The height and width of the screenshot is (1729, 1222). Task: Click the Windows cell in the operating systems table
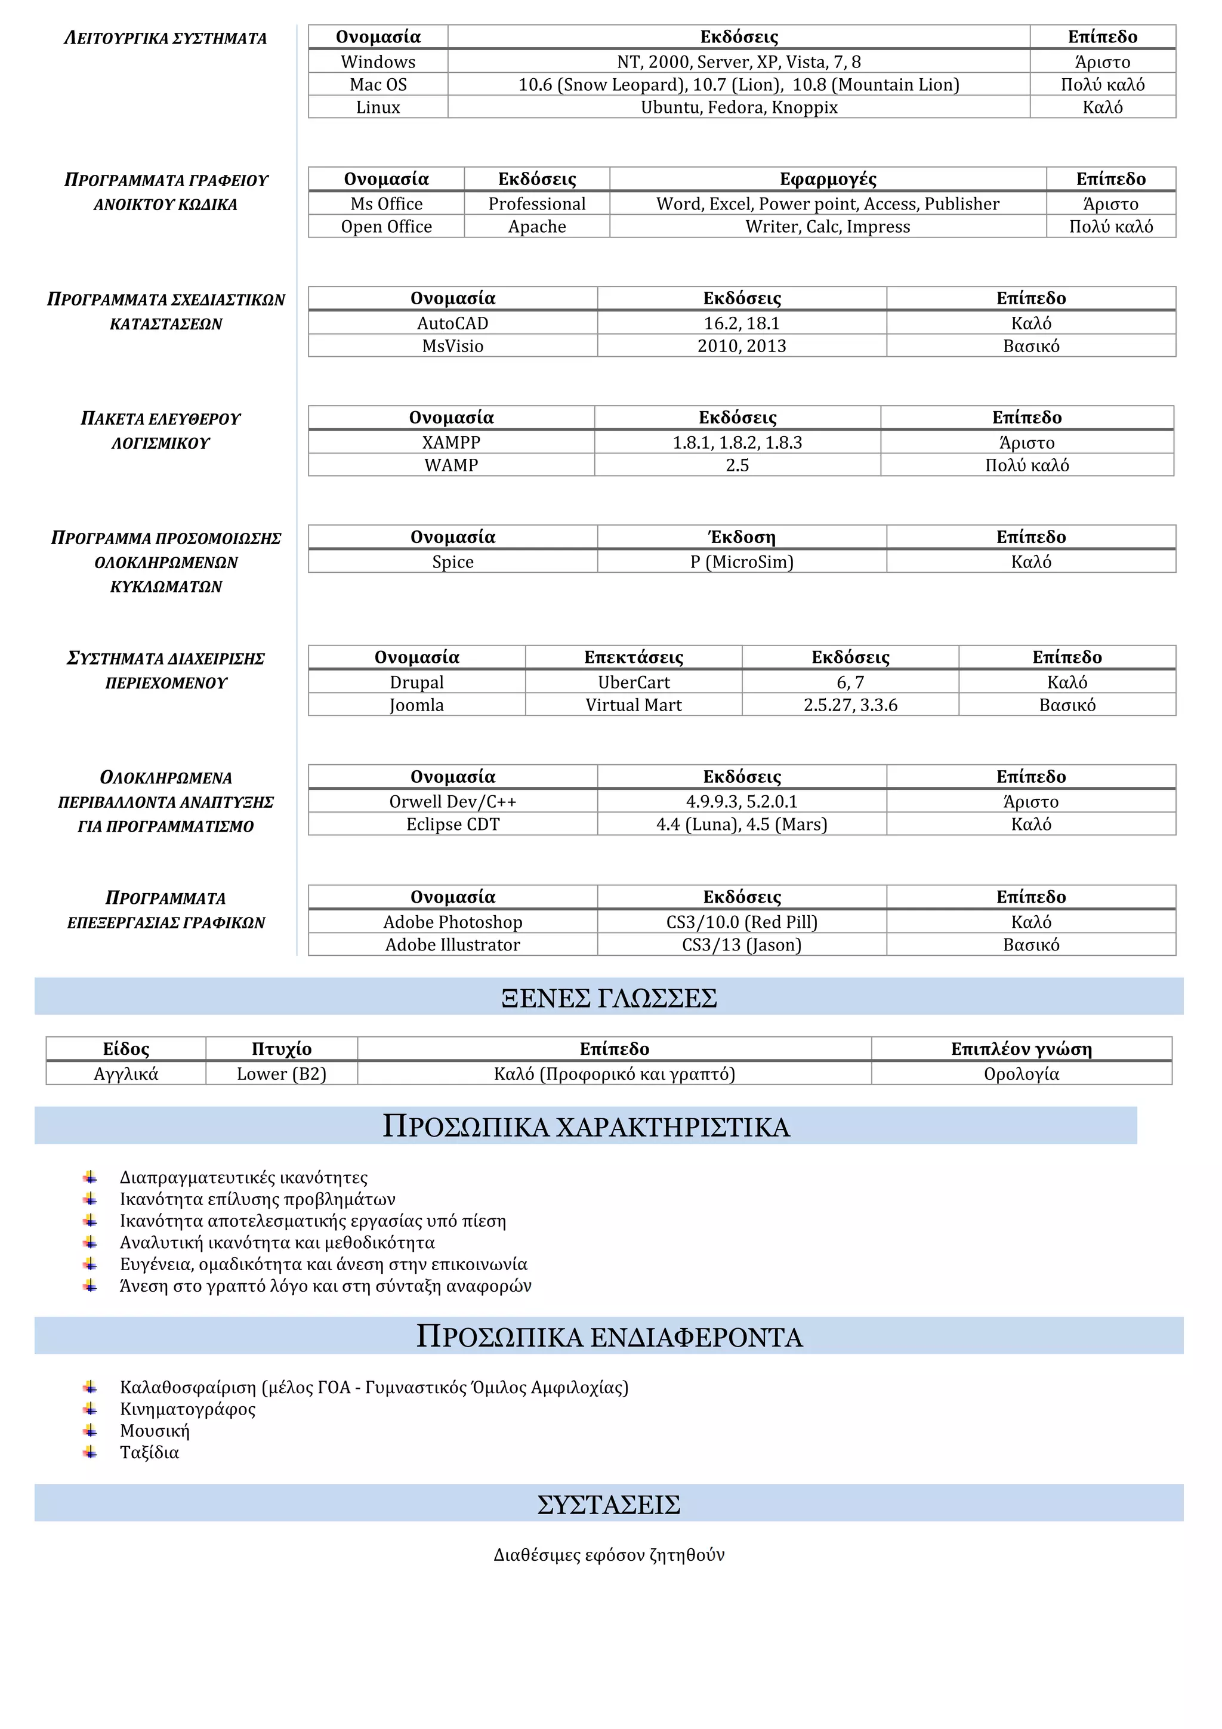pyautogui.click(x=378, y=62)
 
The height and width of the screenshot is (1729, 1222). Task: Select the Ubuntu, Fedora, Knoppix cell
pyautogui.click(x=739, y=107)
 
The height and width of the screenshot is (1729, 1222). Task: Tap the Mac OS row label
pyautogui.click(x=378, y=84)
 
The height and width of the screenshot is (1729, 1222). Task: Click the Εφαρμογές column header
pyautogui.click(x=828, y=179)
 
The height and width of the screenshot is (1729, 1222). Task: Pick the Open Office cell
pyautogui.click(x=386, y=227)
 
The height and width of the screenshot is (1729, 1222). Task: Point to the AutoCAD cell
pyautogui.click(x=452, y=323)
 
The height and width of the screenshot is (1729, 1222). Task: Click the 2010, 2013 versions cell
pyautogui.click(x=742, y=345)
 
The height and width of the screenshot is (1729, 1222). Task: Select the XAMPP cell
pyautogui.click(x=451, y=442)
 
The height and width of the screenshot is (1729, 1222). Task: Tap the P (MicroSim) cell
pyautogui.click(x=742, y=562)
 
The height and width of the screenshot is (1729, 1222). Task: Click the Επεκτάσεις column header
pyautogui.click(x=633, y=657)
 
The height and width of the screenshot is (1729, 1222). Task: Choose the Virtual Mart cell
pyautogui.click(x=633, y=705)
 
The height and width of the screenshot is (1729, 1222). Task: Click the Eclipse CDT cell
pyautogui.click(x=452, y=824)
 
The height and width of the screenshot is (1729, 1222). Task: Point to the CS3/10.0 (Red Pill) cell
pyautogui.click(x=742, y=922)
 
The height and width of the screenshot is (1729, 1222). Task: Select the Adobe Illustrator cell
pyautogui.click(x=452, y=944)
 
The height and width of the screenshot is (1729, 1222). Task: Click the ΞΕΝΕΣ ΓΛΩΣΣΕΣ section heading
pyautogui.click(x=609, y=998)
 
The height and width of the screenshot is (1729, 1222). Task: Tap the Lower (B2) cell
pyautogui.click(x=282, y=1074)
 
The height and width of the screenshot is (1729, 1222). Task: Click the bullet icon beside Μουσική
pyautogui.click(x=90, y=1430)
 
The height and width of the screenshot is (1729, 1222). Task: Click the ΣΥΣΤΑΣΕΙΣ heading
pyautogui.click(x=609, y=1505)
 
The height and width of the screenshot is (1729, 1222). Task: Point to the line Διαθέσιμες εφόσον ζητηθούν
pyautogui.click(x=609, y=1555)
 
